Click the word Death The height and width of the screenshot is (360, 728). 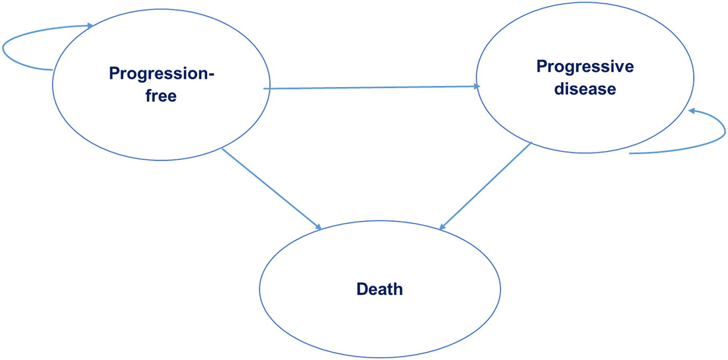click(x=380, y=289)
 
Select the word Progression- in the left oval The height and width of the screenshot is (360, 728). click(x=161, y=74)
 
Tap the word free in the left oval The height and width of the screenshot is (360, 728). click(x=161, y=96)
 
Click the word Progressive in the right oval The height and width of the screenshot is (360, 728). click(x=585, y=67)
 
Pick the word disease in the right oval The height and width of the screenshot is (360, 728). click(x=585, y=89)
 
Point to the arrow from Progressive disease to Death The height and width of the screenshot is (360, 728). click(x=486, y=186)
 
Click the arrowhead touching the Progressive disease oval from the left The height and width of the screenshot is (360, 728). click(x=475, y=87)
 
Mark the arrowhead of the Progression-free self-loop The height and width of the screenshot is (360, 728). click(x=90, y=25)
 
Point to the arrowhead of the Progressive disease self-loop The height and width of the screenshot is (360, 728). click(x=692, y=111)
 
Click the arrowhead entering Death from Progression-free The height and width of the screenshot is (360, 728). click(x=317, y=226)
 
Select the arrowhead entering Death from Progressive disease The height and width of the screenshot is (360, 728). click(x=443, y=226)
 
